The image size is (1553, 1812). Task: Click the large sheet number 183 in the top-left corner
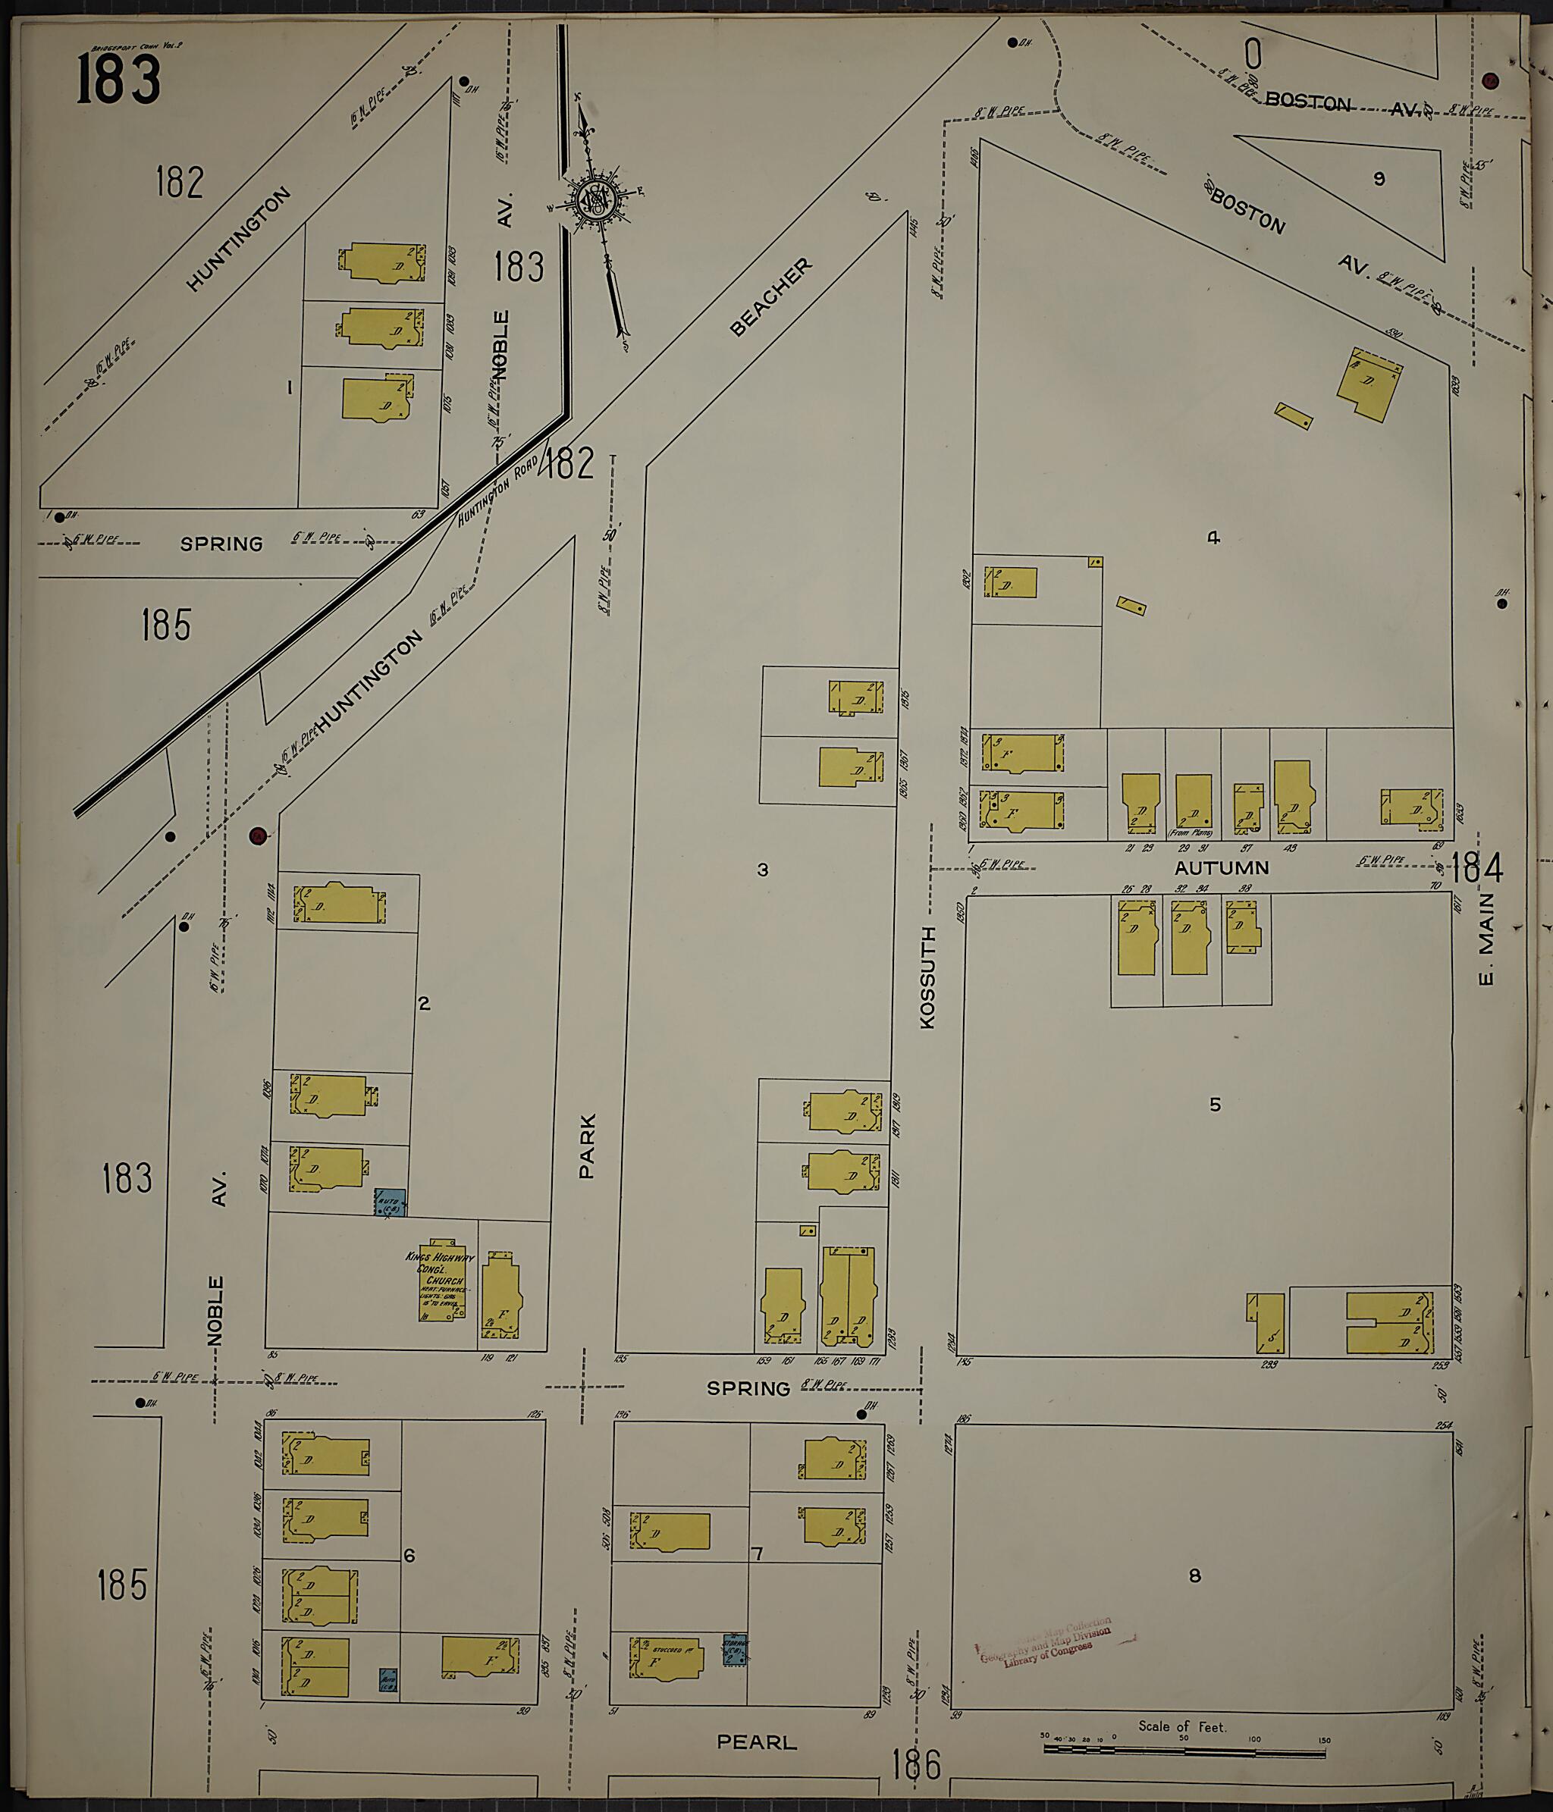[x=118, y=80]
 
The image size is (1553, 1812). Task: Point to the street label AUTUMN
[x=1221, y=868]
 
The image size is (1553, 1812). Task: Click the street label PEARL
[x=756, y=1742]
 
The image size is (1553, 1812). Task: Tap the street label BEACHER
[x=770, y=296]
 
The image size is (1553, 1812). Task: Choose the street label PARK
[x=587, y=1145]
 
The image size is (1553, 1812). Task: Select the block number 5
[x=1215, y=1105]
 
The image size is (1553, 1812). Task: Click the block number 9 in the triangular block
[x=1379, y=179]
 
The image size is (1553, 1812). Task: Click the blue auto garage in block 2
[x=388, y=1202]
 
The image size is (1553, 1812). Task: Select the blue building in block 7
[x=735, y=1649]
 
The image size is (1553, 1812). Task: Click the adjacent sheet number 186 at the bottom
[x=917, y=1765]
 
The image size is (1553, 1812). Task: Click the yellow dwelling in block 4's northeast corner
[x=1369, y=386]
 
